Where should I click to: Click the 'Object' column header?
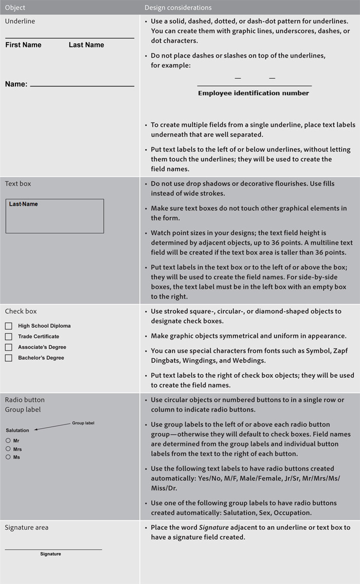click(x=15, y=8)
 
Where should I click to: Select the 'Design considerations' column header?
click(x=177, y=8)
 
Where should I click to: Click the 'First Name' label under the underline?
click(x=23, y=45)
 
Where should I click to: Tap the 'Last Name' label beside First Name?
click(x=86, y=45)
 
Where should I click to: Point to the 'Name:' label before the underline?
click(x=16, y=84)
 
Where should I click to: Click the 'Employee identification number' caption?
click(x=254, y=93)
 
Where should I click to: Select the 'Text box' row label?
click(x=18, y=184)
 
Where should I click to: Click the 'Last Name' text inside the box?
click(x=24, y=204)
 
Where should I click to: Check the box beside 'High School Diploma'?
click(x=9, y=326)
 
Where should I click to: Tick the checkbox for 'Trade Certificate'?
click(x=9, y=337)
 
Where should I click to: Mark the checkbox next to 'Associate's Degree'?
click(x=9, y=347)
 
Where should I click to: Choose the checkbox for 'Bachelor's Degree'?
click(x=9, y=358)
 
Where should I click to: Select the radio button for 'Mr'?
click(x=8, y=441)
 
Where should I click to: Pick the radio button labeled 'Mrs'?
click(x=8, y=449)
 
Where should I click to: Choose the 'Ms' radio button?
click(x=8, y=457)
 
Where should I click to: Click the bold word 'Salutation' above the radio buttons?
click(x=17, y=430)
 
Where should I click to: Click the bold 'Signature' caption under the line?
click(x=50, y=554)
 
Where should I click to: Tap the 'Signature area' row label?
click(x=27, y=527)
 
